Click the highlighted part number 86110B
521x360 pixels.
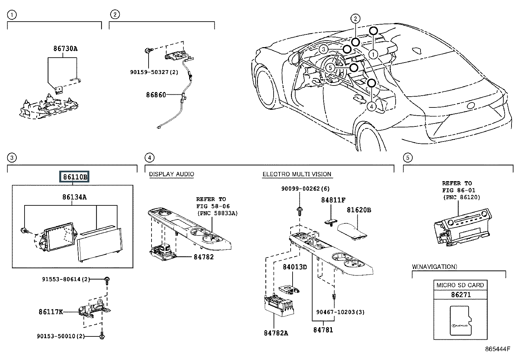pyautogui.click(x=74, y=177)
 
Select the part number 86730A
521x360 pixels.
pyautogui.click(x=65, y=48)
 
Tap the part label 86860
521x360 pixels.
pyautogui.click(x=156, y=95)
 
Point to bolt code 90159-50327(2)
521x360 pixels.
pyautogui.click(x=154, y=72)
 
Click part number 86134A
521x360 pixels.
pyautogui.click(x=74, y=197)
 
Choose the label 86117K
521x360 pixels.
pyautogui.click(x=51, y=312)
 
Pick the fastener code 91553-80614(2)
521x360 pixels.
pyautogui.click(x=66, y=279)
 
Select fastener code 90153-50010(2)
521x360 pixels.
pyautogui.click(x=61, y=336)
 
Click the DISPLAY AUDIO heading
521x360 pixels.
pyautogui.click(x=171, y=174)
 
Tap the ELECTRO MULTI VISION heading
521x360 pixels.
pyautogui.click(x=297, y=174)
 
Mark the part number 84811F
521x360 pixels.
pyautogui.click(x=333, y=200)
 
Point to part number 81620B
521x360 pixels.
pyautogui.click(x=359, y=210)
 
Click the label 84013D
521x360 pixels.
pyautogui.click(x=295, y=267)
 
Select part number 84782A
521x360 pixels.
pyautogui.click(x=276, y=333)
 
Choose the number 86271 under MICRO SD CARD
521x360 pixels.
pyautogui.click(x=461, y=294)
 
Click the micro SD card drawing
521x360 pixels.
pyautogui.click(x=461, y=320)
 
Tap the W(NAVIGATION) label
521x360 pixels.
pyautogui.click(x=435, y=267)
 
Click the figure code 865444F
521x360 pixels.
pyautogui.click(x=497, y=349)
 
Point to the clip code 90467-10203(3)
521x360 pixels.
pyautogui.click(x=340, y=312)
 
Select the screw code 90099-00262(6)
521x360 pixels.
pyautogui.click(x=305, y=188)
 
